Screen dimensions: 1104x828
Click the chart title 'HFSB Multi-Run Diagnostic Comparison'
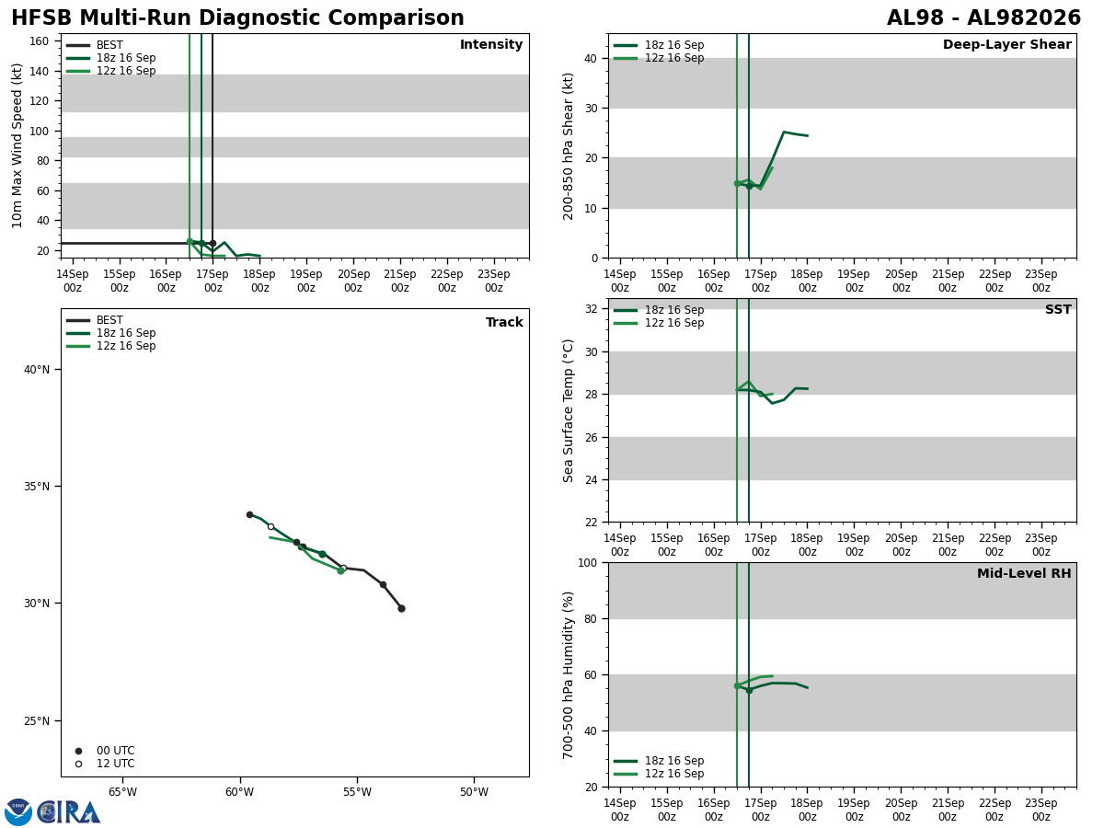tap(237, 18)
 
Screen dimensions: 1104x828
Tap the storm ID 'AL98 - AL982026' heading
tap(983, 18)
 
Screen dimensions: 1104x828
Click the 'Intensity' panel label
tap(491, 44)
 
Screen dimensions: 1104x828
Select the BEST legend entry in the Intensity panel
tap(95, 45)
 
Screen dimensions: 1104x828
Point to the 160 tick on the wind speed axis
tap(40, 41)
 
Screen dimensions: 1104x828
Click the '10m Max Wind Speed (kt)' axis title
tap(17, 145)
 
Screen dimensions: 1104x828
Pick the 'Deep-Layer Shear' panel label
tap(1006, 44)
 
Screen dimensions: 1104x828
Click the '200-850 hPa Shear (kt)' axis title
tap(568, 147)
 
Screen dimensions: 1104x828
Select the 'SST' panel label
tap(1058, 309)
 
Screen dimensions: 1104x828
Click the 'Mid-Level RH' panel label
tap(1024, 573)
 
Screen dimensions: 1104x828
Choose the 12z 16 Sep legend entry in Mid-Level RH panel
tap(659, 774)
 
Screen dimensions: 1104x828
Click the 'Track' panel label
tap(504, 322)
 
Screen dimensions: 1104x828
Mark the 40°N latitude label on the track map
tap(37, 370)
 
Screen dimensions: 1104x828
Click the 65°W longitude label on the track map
tap(122, 792)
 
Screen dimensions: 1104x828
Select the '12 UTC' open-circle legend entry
tap(106, 764)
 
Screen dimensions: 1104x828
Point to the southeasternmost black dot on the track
tap(401, 609)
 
